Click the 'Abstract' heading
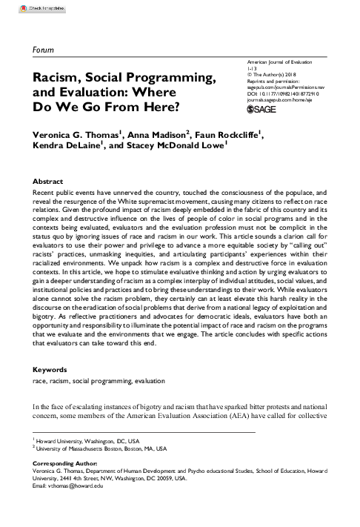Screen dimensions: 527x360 (x=48, y=181)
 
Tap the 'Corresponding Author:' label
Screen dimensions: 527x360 (x=65, y=463)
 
